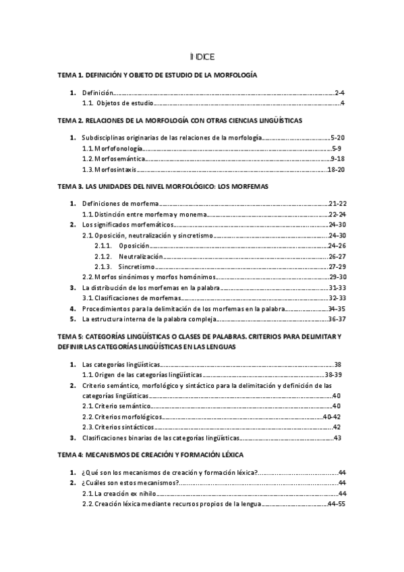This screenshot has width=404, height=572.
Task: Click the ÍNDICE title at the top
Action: pyautogui.click(x=202, y=57)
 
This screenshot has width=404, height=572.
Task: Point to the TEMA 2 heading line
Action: pyautogui.click(x=179, y=120)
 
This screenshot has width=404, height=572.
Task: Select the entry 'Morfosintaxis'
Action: pyautogui.click(x=110, y=169)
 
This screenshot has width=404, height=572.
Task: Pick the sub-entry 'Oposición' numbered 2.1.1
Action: pyautogui.click(x=134, y=246)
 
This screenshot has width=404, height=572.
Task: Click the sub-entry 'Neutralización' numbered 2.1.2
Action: pyautogui.click(x=141, y=257)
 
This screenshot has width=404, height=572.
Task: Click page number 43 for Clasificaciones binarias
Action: pyautogui.click(x=337, y=438)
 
